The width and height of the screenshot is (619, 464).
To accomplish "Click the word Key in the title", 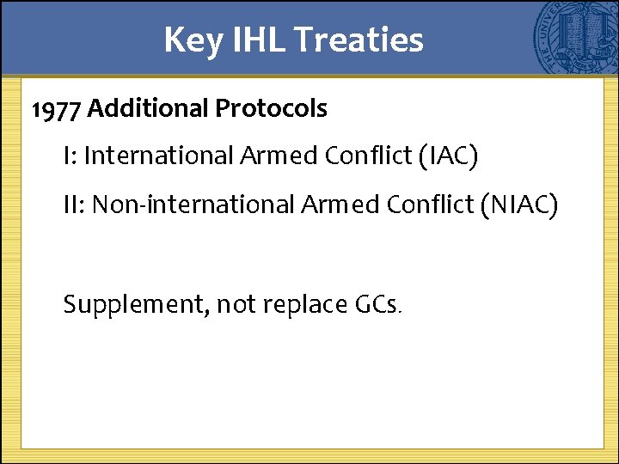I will (x=192, y=40).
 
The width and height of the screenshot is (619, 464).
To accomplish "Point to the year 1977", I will (x=57, y=109).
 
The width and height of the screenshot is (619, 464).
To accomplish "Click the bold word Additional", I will (x=147, y=109).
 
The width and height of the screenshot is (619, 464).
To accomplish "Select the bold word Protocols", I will (x=271, y=109).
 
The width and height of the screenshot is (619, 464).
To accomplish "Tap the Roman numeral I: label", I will (x=69, y=156).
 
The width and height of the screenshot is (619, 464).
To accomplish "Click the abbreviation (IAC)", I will (x=449, y=156).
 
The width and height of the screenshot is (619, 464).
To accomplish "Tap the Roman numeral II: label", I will (x=74, y=205).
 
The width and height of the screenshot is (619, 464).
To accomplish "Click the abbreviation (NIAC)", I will (x=519, y=205).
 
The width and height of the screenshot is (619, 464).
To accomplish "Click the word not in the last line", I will (x=237, y=304).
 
